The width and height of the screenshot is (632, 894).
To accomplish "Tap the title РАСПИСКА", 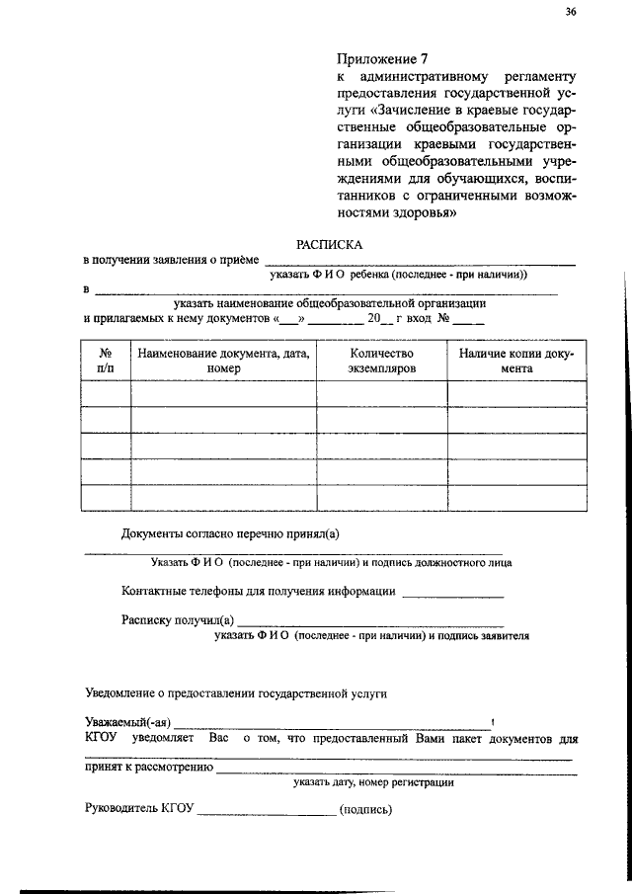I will tap(330, 243).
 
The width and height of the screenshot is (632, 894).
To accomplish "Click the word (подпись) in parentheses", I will tap(365, 811).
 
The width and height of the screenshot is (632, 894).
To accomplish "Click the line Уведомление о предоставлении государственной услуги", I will tap(235, 693).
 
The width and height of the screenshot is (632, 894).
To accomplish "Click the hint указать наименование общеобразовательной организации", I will tap(329, 303).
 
